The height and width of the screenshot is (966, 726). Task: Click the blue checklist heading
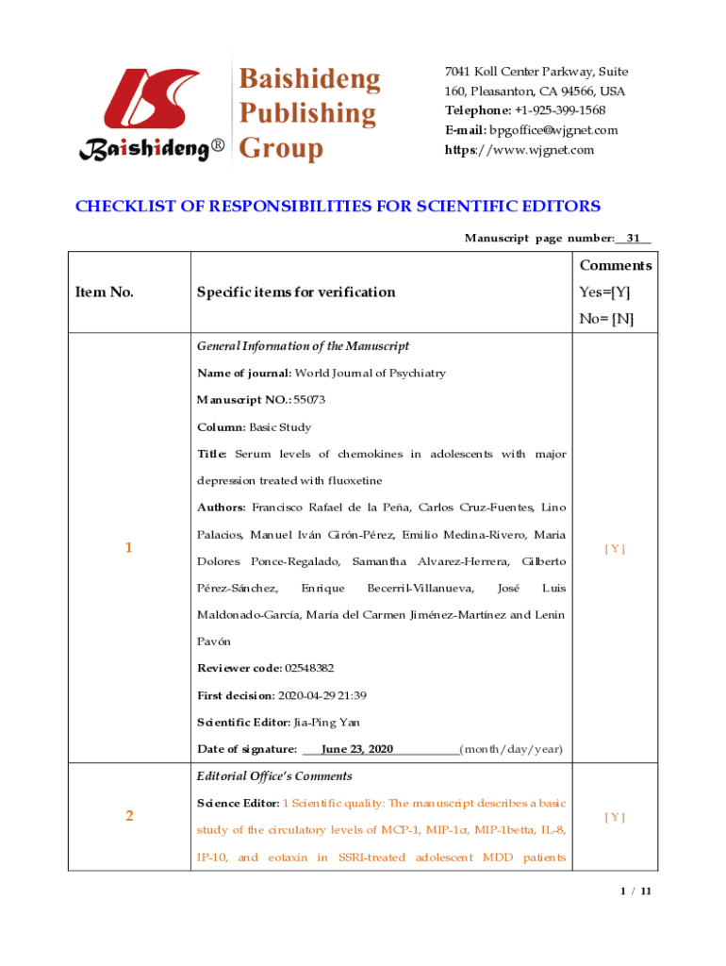(x=338, y=207)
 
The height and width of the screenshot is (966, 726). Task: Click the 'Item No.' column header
(x=104, y=291)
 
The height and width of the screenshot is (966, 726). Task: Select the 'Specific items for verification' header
(x=296, y=291)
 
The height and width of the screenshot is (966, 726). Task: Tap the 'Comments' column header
(x=615, y=265)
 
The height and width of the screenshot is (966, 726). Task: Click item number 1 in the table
(x=128, y=548)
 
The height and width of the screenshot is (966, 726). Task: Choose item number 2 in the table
(x=128, y=816)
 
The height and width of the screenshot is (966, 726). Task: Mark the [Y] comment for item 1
(x=615, y=548)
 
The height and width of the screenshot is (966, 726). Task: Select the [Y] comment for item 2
(x=615, y=817)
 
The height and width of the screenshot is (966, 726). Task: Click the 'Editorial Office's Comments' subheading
(x=274, y=775)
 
